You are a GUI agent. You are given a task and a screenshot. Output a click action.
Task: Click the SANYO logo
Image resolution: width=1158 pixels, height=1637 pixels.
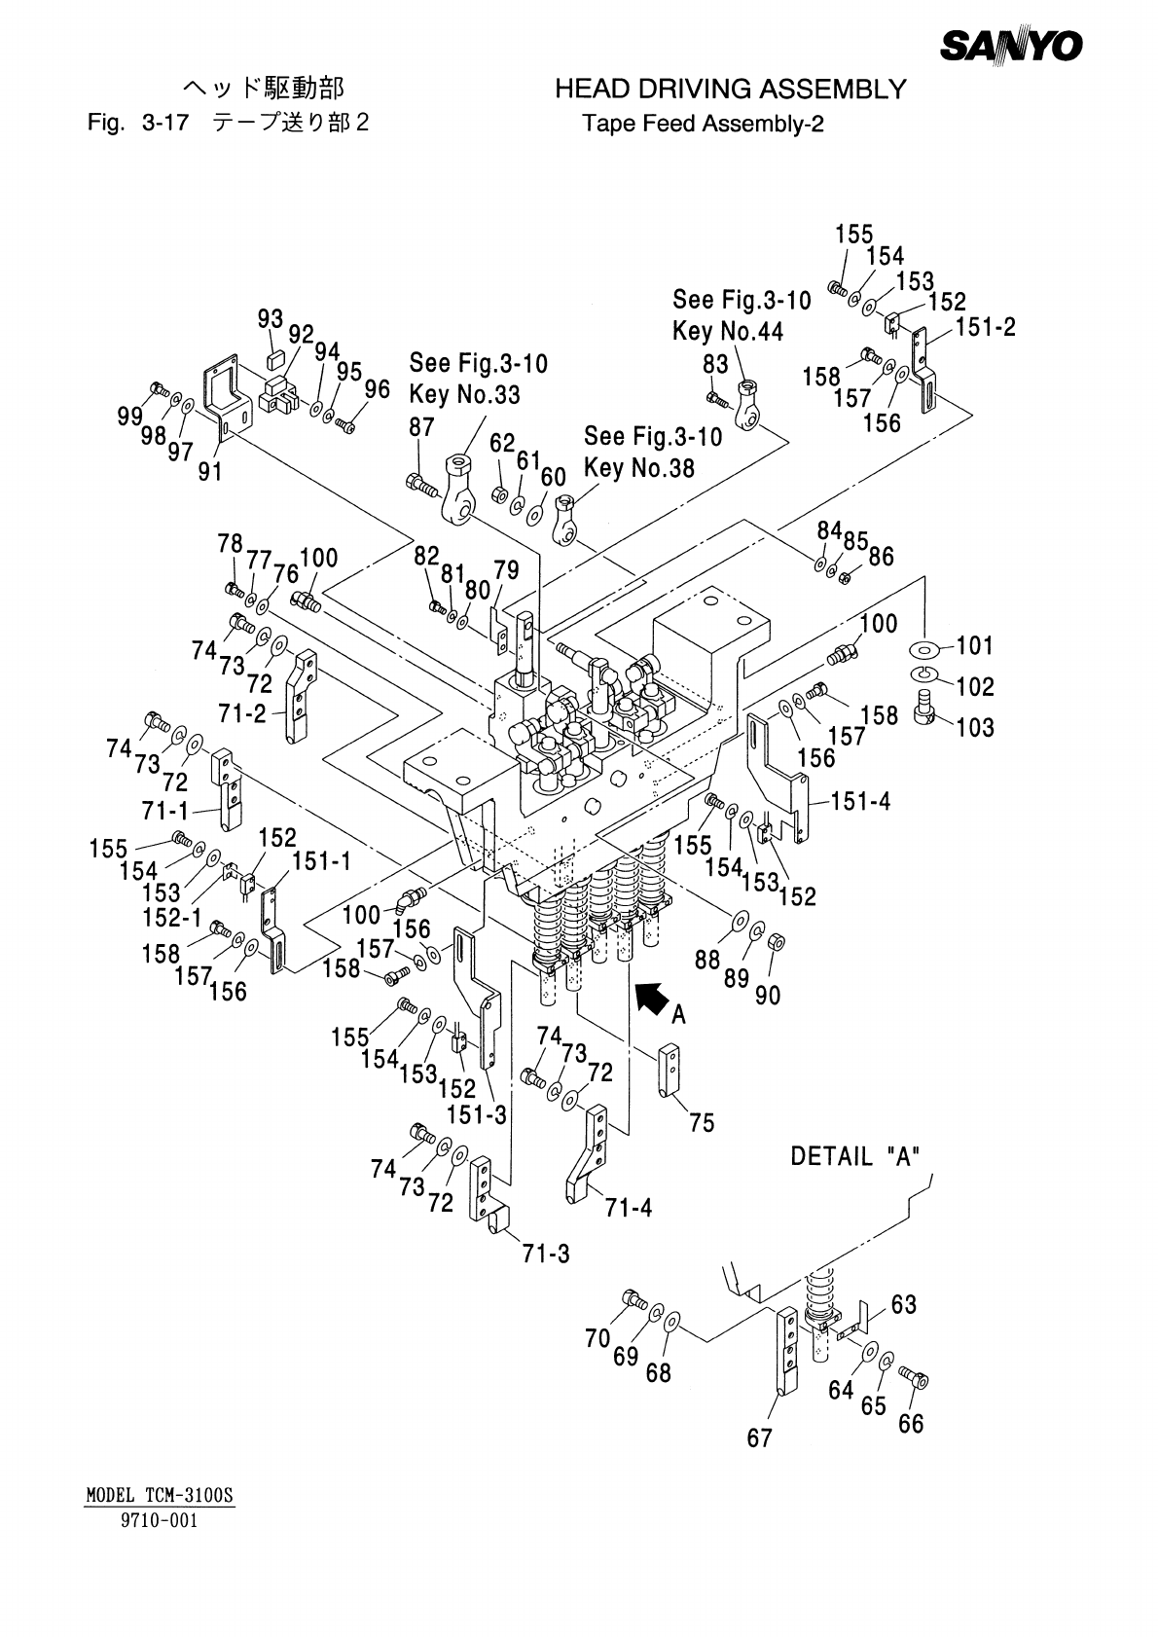coord(1012,45)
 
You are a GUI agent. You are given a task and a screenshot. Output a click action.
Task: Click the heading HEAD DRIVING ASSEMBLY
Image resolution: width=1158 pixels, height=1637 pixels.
coord(730,91)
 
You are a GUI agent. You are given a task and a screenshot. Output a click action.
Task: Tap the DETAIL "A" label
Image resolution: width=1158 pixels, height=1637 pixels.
coord(855,1157)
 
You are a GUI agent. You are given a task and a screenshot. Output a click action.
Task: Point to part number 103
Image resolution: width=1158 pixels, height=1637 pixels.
coord(974,727)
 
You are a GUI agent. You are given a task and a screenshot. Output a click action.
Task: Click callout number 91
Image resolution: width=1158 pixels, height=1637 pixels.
coord(210,472)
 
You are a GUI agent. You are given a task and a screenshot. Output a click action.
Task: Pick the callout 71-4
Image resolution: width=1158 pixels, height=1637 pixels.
coord(628,1208)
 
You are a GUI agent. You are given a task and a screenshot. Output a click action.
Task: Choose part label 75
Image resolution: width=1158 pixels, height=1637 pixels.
coord(701,1123)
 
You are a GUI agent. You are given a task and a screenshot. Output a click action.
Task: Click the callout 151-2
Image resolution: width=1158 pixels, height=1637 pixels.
coord(985,327)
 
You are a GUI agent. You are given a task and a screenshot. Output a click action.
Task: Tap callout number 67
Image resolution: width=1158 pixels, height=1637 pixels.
coord(759,1437)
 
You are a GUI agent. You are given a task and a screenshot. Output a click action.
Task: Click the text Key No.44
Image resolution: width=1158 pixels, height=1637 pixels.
coord(728,331)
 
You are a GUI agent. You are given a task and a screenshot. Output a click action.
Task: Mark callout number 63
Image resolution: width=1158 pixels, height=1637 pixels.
coord(903,1304)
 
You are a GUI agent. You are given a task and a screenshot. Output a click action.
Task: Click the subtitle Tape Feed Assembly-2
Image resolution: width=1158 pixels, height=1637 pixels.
coord(703,125)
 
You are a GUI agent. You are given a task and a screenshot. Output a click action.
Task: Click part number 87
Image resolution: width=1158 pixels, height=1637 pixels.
coord(421,427)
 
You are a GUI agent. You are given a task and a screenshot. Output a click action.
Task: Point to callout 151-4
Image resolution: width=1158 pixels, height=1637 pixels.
coord(860,802)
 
